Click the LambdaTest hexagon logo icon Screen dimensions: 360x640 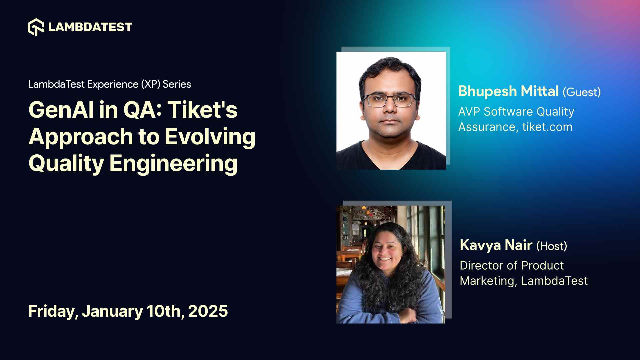(36, 27)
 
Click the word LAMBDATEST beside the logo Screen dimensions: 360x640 (90, 27)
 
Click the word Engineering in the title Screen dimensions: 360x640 (173, 163)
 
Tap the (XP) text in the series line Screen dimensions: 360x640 (151, 84)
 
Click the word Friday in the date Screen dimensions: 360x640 (53, 311)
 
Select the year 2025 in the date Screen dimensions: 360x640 (208, 311)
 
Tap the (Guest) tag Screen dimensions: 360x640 (582, 92)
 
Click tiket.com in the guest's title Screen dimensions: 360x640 (547, 127)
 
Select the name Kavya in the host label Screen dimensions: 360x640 (480, 245)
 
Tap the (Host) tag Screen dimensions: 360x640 (552, 246)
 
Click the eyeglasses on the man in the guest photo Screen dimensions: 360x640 (390, 100)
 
